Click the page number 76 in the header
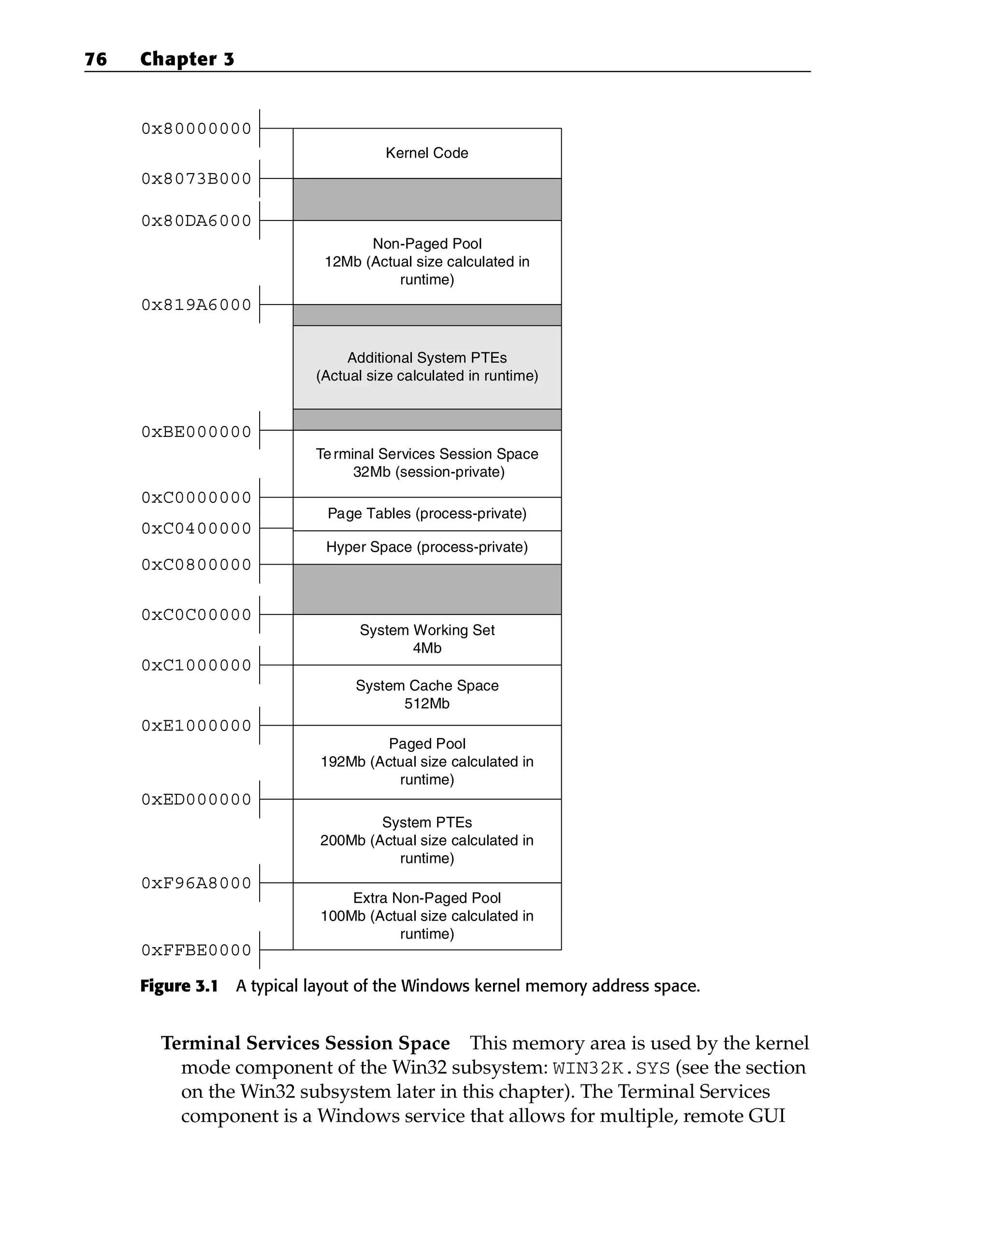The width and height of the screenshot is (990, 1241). [x=96, y=59]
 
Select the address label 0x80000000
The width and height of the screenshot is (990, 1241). [x=196, y=129]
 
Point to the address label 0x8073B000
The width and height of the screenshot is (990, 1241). [x=196, y=179]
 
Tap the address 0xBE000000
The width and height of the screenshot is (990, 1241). [x=196, y=432]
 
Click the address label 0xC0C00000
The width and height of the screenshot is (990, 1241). [x=196, y=615]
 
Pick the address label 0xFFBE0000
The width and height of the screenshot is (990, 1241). [x=196, y=950]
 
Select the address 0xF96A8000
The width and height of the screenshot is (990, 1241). [x=196, y=883]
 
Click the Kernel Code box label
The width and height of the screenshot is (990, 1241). [x=426, y=153]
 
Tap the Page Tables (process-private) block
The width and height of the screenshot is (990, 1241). [x=426, y=513]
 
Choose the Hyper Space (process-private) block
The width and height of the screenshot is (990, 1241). [x=426, y=547]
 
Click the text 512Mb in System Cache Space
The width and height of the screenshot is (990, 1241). [x=426, y=703]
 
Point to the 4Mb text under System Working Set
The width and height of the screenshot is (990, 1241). [x=426, y=648]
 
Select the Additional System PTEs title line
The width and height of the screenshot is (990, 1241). [x=426, y=358]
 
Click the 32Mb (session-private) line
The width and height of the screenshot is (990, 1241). [x=428, y=472]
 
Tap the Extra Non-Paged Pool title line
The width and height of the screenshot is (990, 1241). [x=426, y=898]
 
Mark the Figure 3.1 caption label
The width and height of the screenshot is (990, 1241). [x=179, y=987]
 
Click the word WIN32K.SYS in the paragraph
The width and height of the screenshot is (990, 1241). [x=611, y=1068]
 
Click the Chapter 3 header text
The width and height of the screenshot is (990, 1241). [x=187, y=59]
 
